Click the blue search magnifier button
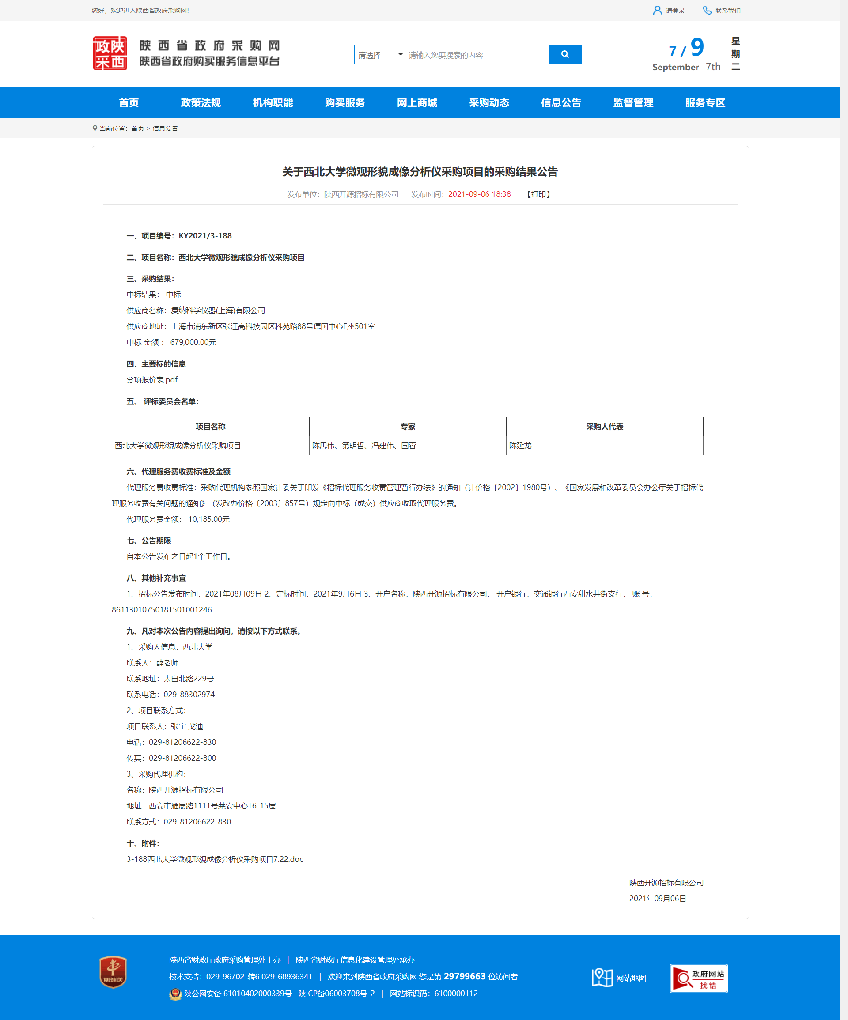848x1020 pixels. (x=565, y=54)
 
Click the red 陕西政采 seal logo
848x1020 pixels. (x=110, y=53)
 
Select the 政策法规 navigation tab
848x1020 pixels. (x=201, y=102)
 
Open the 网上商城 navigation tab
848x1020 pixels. (x=417, y=102)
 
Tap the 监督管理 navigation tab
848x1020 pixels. (x=633, y=102)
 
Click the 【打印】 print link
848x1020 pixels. (x=538, y=194)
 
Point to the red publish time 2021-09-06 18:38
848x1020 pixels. (x=479, y=194)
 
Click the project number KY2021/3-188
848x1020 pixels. (x=205, y=236)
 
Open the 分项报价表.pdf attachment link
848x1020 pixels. (x=152, y=380)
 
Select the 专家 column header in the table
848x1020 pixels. (x=408, y=427)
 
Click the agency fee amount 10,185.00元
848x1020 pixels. (x=209, y=519)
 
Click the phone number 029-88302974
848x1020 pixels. (x=189, y=695)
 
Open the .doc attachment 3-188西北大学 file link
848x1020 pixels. (x=215, y=859)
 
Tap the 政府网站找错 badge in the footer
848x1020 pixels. (x=698, y=978)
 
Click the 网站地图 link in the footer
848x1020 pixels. (x=631, y=978)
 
